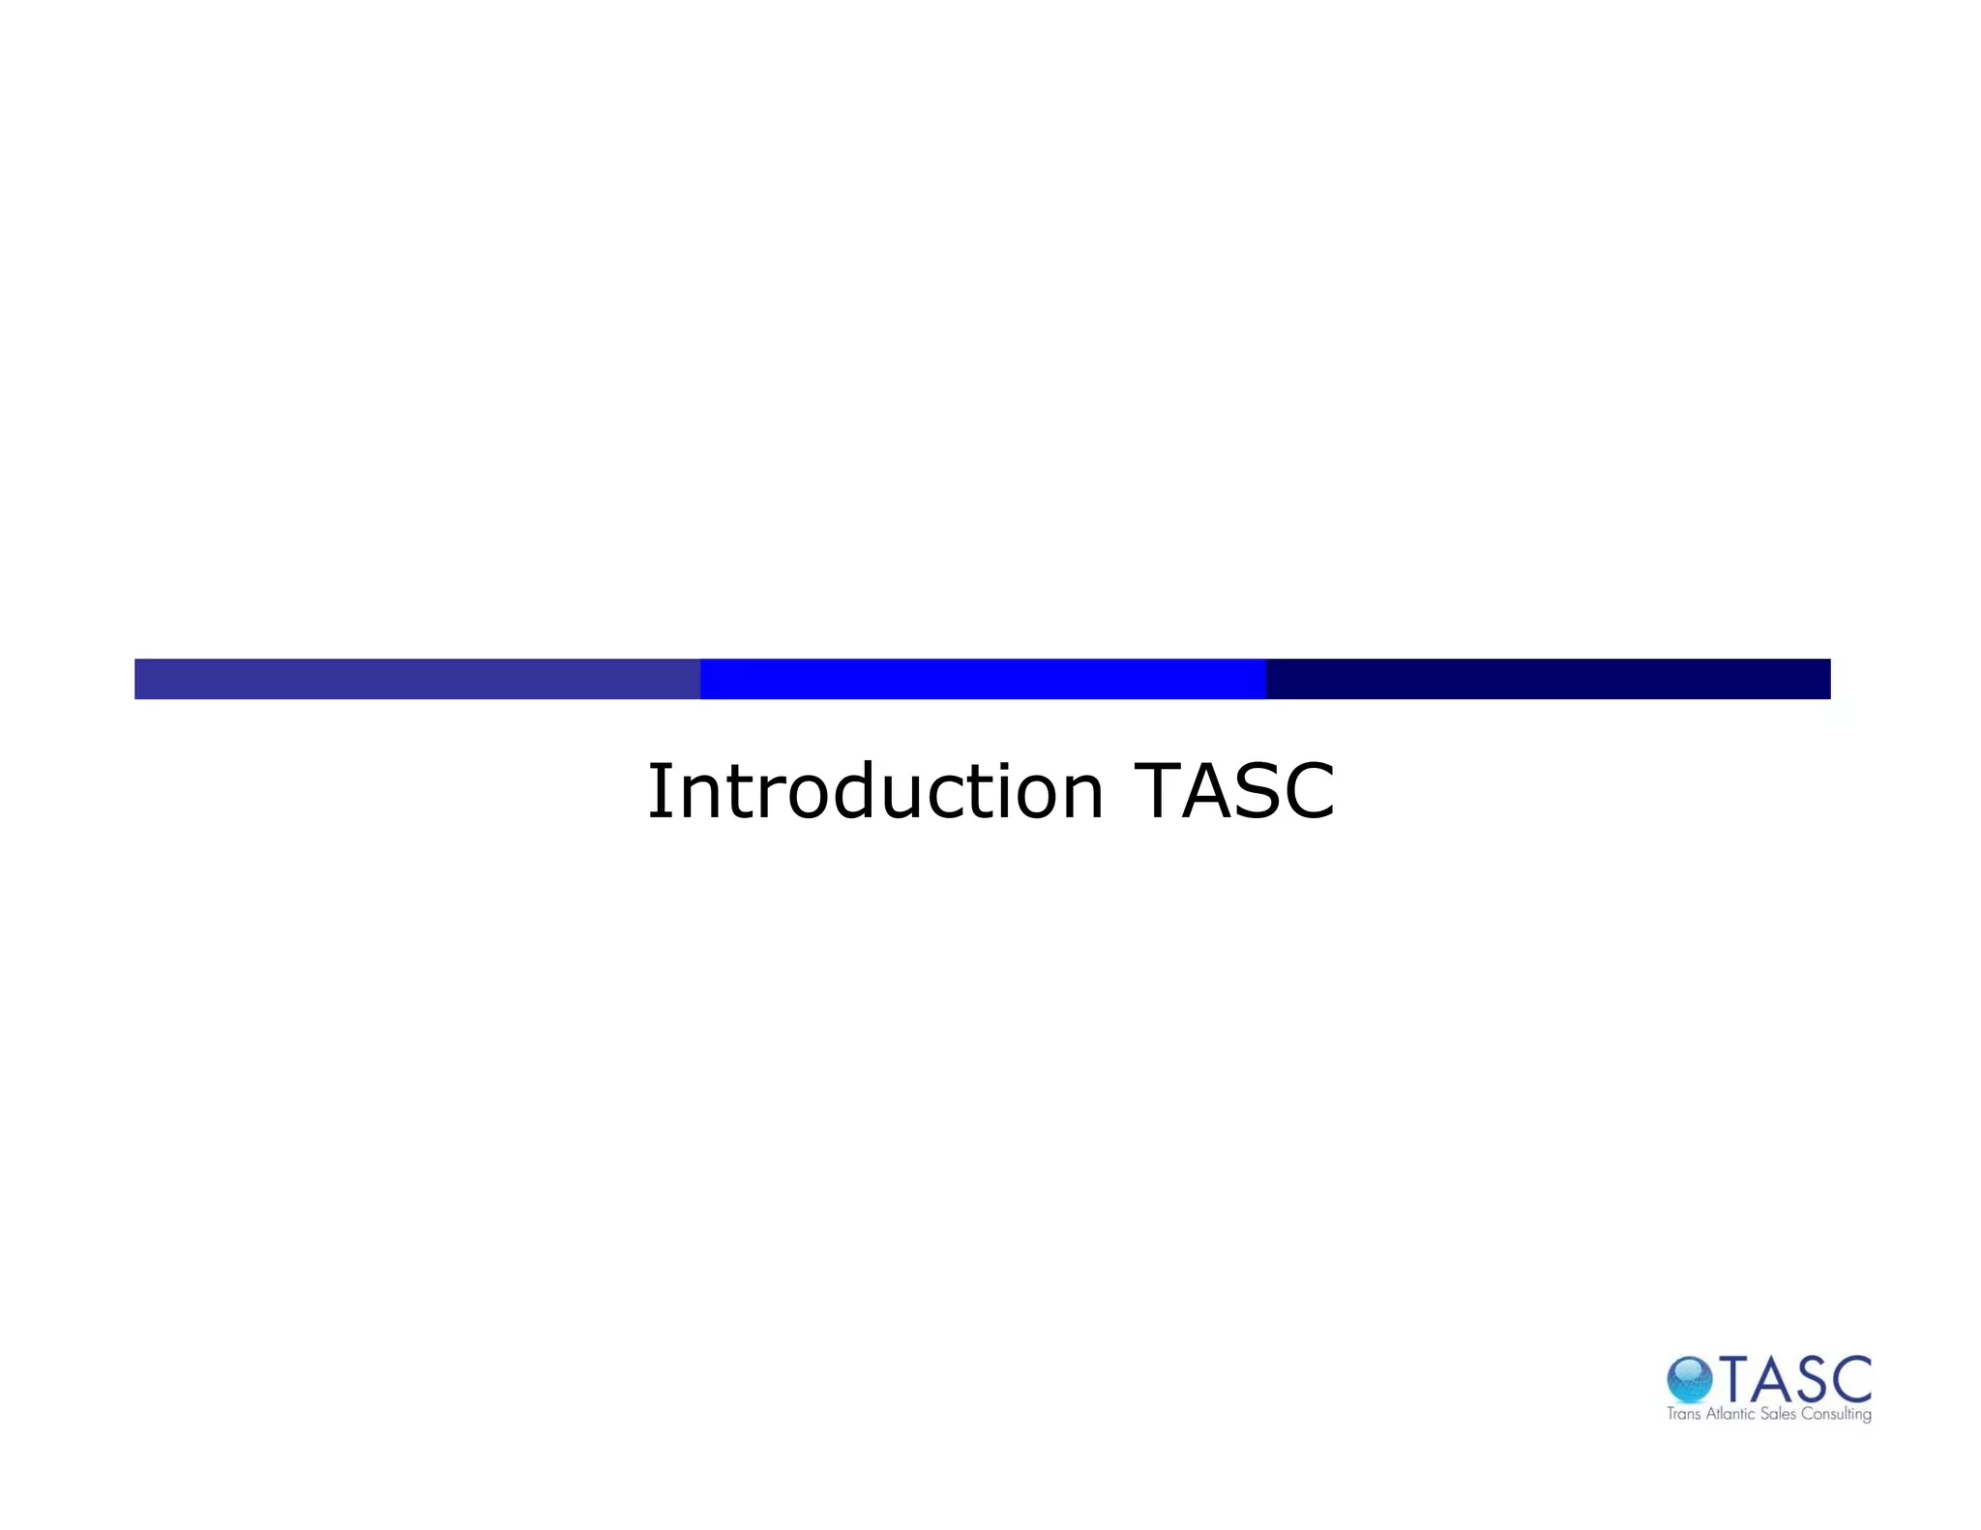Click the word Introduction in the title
pos(875,791)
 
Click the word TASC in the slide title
pos(1234,791)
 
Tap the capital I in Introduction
pos(659,791)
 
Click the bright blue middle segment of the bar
pos(983,679)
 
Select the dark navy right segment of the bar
pos(1548,679)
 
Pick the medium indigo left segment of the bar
pos(417,679)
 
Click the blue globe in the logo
pos(1689,1380)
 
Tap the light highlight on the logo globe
pos(1684,1370)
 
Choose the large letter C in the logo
pos(1852,1380)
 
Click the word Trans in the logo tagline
pos(1683,1414)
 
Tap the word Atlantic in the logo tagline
pos(1730,1414)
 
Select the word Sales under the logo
pos(1778,1414)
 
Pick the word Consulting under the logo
pos(1836,1415)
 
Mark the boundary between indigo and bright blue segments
pos(700,679)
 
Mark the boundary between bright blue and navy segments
pos(1265,679)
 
